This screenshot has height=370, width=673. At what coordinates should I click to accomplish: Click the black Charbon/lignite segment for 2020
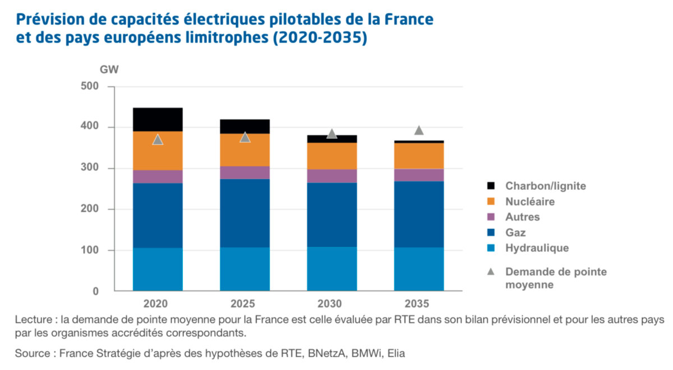tap(158, 119)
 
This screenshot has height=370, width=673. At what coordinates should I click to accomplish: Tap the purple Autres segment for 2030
tap(331, 176)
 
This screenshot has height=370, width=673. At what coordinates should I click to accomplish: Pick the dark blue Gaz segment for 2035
tap(418, 214)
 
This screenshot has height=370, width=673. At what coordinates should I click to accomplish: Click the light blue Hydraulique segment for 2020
tap(158, 269)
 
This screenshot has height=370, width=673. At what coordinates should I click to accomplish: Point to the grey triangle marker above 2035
tap(418, 130)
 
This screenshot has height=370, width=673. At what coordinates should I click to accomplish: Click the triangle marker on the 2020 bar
tap(158, 139)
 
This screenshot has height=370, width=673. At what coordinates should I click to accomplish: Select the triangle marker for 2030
tap(331, 134)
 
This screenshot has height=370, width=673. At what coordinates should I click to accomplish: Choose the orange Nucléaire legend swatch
tap(491, 202)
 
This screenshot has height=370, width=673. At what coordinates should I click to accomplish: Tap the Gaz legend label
tap(515, 232)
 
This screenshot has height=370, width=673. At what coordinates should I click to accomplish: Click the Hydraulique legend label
tap(537, 248)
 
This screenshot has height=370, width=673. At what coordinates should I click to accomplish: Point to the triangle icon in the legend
tap(491, 271)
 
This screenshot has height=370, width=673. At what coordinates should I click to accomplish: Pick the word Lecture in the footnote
tap(34, 320)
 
